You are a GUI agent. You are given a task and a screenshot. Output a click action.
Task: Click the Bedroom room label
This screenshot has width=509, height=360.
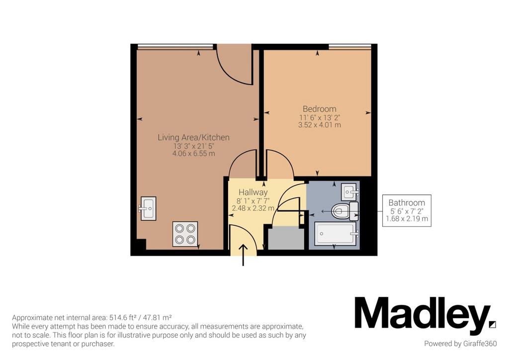tap(320, 109)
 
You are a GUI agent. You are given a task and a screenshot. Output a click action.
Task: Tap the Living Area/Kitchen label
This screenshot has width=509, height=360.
tap(193, 137)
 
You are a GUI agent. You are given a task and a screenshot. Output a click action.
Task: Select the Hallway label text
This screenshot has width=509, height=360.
tap(253, 192)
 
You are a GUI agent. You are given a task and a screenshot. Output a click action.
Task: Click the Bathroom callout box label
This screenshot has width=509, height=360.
tap(407, 203)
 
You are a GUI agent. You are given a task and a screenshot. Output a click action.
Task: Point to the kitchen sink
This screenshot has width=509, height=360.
tap(148, 208)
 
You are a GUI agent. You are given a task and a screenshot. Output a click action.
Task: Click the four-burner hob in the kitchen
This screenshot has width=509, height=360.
tap(185, 234)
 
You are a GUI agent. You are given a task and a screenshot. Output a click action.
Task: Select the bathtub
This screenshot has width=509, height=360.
tap(336, 233)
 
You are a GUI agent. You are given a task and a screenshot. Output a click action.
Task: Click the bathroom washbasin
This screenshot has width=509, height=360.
tap(349, 192)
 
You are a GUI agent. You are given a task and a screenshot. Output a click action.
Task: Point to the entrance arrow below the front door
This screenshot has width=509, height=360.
tap(243, 255)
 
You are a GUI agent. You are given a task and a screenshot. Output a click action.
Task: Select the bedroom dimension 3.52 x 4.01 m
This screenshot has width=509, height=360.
tap(320, 125)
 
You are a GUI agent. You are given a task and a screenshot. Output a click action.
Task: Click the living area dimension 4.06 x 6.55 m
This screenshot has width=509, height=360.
tap(193, 154)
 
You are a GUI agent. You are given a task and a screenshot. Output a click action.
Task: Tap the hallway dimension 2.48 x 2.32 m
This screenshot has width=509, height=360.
tap(253, 208)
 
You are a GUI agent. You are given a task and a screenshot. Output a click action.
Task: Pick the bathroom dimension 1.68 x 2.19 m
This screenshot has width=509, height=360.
tap(407, 219)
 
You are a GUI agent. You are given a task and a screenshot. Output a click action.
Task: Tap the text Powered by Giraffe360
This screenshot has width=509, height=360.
tap(460, 344)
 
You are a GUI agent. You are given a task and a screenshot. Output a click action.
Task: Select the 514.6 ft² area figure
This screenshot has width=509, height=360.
tap(124, 317)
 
